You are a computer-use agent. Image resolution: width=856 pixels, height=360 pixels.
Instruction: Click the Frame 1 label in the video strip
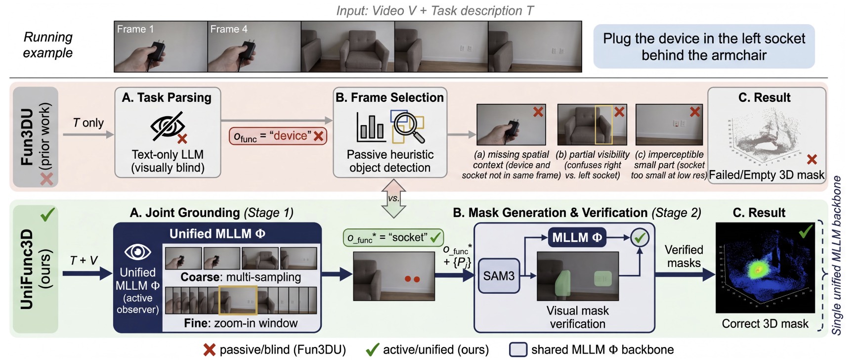click(135, 29)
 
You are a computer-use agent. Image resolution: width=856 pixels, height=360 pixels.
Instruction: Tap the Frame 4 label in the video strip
click(229, 29)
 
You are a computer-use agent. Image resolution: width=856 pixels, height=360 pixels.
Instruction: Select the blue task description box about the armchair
click(704, 46)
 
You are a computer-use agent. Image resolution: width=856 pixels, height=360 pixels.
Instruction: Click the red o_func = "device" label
click(278, 136)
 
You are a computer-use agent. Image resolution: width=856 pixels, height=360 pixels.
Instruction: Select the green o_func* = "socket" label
click(393, 238)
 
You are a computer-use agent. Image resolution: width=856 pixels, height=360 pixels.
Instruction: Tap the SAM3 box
click(499, 276)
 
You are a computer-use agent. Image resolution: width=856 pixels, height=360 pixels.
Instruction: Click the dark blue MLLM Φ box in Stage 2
click(577, 238)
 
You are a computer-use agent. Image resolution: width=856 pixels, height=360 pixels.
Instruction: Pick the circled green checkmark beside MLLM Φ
click(640, 238)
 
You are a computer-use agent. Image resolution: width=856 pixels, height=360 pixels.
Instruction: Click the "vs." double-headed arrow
click(393, 198)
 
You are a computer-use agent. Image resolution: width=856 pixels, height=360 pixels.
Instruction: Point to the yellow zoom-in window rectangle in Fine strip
click(238, 300)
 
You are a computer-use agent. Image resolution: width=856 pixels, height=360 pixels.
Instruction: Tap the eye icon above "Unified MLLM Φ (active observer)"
click(137, 252)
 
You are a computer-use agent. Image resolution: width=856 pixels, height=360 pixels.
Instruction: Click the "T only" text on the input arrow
click(88, 123)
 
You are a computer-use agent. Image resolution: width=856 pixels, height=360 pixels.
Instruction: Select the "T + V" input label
click(84, 260)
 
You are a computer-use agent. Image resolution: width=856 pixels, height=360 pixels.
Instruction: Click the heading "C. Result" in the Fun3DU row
click(764, 98)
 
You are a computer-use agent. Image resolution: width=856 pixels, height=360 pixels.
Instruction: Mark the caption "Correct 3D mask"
click(765, 324)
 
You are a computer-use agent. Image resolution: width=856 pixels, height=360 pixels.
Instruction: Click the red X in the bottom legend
click(210, 350)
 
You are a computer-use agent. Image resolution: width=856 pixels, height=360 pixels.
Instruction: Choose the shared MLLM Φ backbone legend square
click(518, 350)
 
